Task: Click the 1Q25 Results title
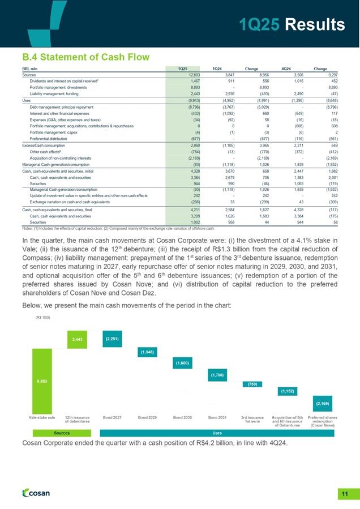coord(291,24)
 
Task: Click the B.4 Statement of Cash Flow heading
coord(85,57)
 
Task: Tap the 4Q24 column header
coord(281,69)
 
